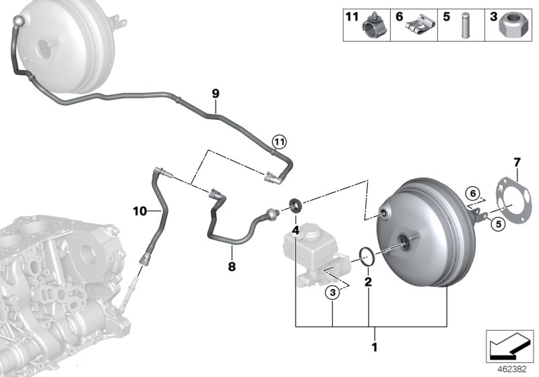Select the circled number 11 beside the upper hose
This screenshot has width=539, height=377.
tap(279, 141)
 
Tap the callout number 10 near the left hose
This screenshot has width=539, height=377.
tap(139, 211)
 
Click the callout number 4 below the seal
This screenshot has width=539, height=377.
tap(295, 230)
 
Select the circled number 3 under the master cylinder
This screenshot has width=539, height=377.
tap(331, 292)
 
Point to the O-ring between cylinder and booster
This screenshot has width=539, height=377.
tap(367, 255)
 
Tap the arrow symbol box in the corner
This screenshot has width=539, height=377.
tap(508, 345)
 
